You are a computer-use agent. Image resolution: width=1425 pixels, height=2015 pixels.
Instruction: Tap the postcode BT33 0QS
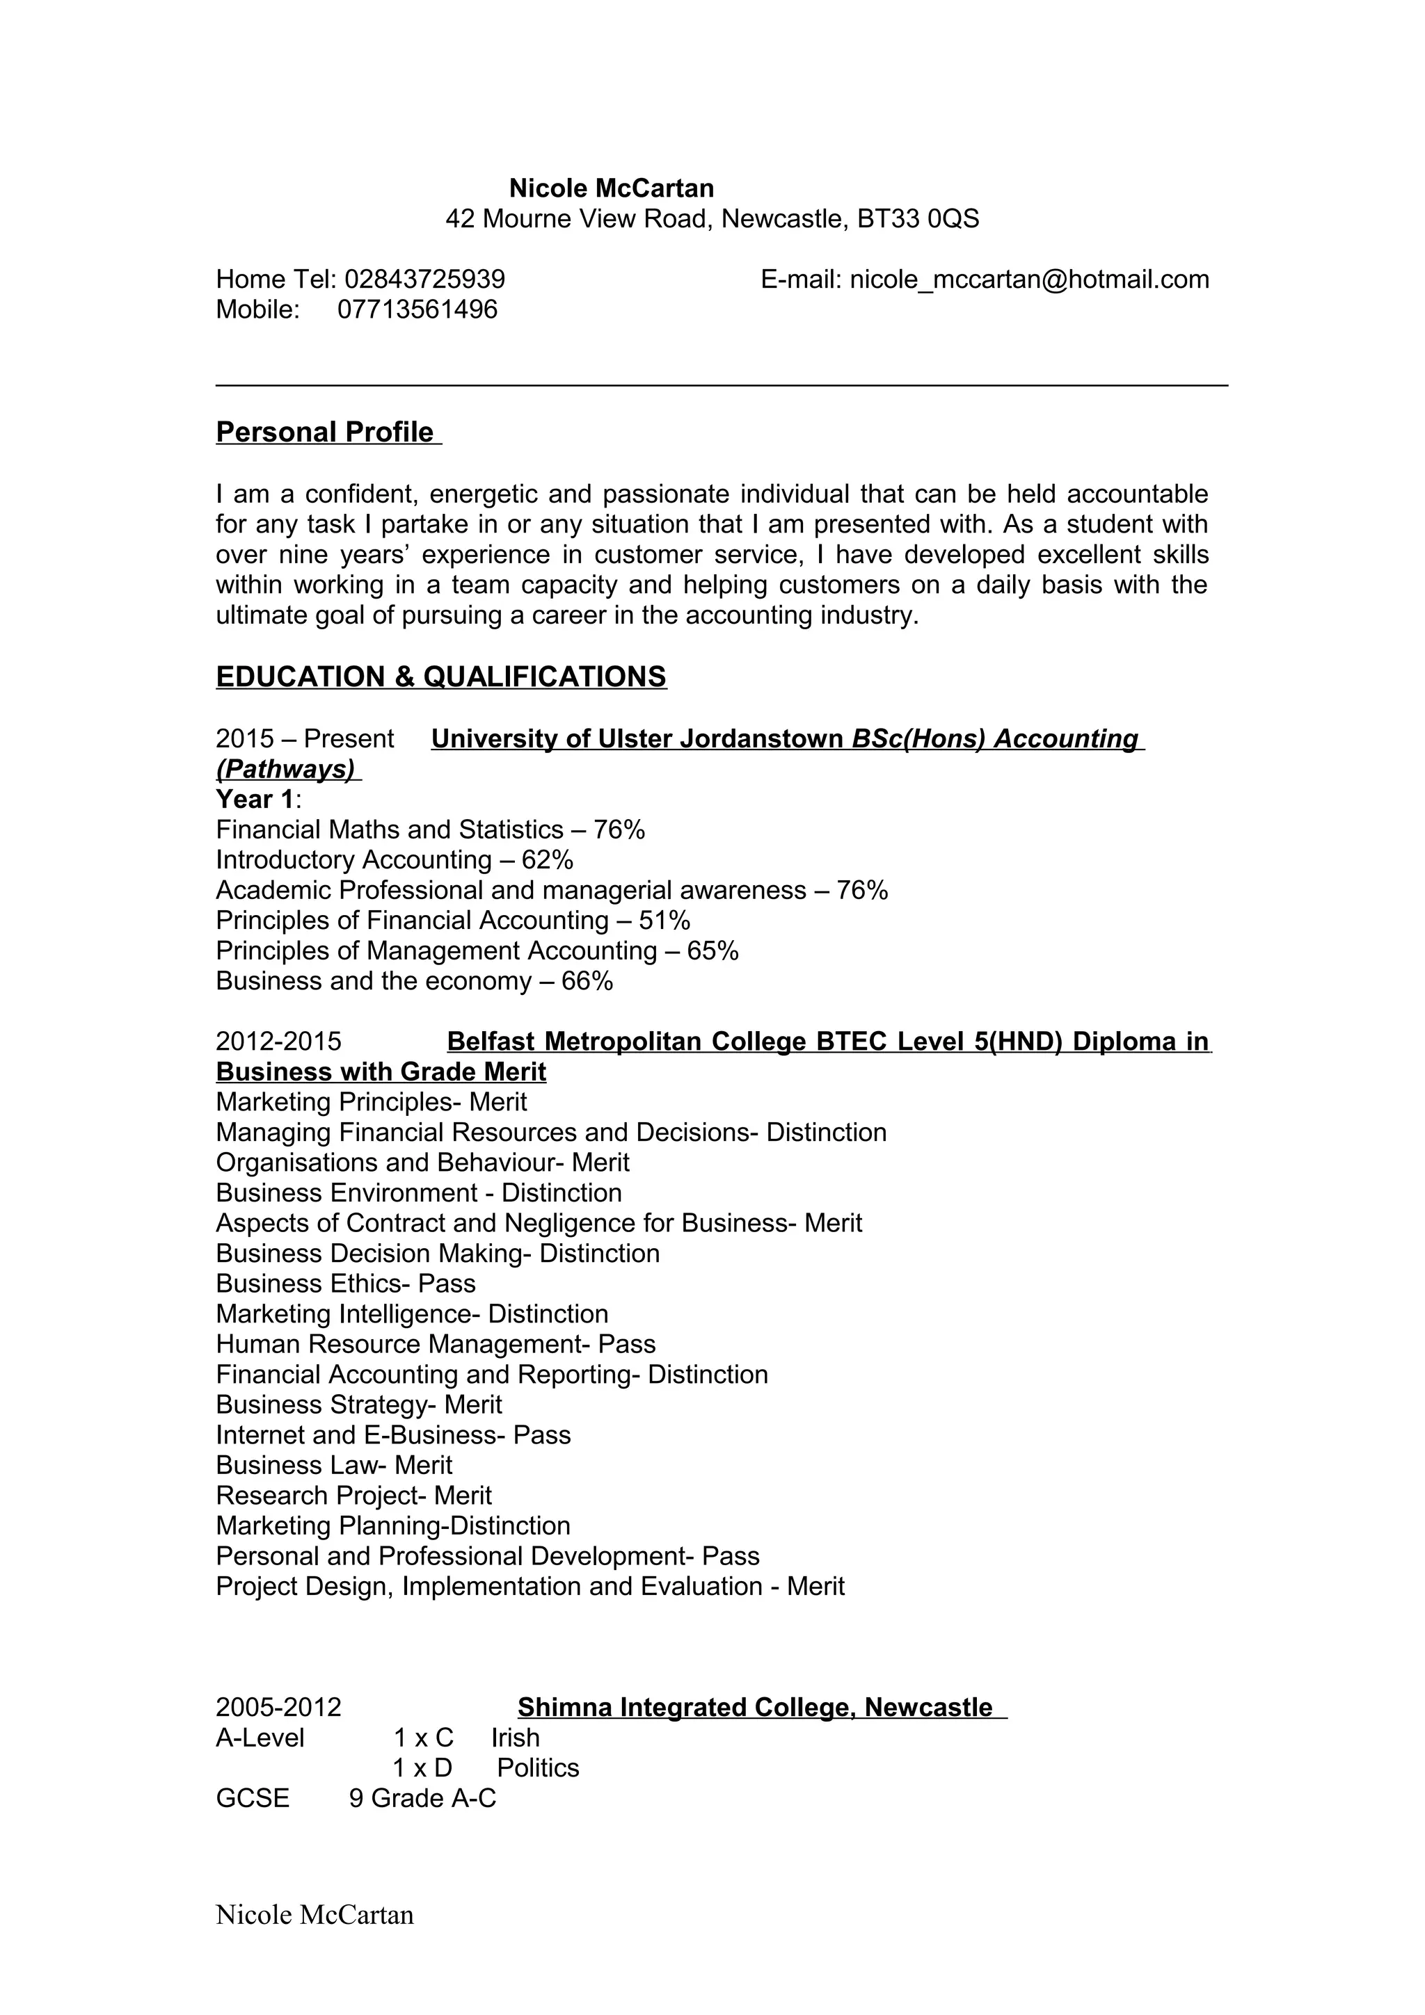(x=918, y=218)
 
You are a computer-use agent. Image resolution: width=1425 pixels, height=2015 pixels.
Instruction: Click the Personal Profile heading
(x=325, y=432)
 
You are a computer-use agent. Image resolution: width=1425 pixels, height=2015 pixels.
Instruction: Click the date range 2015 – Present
(x=305, y=739)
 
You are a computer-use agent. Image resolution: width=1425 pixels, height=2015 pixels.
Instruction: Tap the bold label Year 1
(x=255, y=800)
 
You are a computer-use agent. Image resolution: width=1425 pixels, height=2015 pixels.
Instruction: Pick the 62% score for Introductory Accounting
(x=547, y=860)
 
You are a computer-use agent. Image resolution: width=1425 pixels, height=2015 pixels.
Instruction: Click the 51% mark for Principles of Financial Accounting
(x=664, y=921)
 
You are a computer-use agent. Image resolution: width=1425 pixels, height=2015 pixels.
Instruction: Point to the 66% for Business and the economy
(x=587, y=981)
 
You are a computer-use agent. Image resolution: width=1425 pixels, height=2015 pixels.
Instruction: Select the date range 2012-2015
(x=278, y=1042)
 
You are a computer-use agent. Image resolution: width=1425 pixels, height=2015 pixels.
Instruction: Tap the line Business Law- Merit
(x=334, y=1465)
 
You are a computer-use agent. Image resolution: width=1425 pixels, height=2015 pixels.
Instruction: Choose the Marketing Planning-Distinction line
(x=392, y=1526)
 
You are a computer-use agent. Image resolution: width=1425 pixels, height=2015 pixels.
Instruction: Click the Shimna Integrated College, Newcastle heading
(x=754, y=1707)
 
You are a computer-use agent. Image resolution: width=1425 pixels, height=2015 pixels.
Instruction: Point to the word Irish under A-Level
(x=516, y=1738)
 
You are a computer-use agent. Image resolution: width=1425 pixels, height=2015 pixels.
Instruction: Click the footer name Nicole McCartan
(x=315, y=1914)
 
